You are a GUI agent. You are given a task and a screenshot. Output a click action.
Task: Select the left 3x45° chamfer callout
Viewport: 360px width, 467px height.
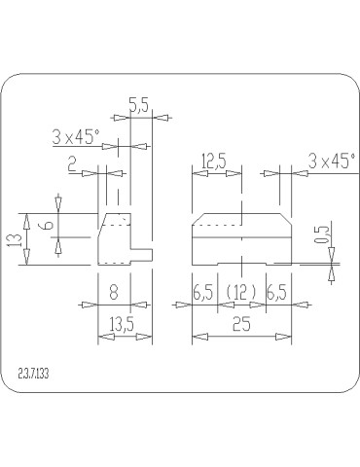coord(76,137)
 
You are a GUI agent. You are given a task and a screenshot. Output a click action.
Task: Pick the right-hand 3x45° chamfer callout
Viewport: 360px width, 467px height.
coord(331,161)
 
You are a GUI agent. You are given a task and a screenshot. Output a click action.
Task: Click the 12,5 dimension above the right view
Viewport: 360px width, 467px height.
coord(214,161)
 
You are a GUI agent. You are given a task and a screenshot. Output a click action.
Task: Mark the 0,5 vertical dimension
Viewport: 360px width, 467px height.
coord(321,235)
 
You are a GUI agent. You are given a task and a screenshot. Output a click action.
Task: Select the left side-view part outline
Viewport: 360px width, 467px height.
coord(115,240)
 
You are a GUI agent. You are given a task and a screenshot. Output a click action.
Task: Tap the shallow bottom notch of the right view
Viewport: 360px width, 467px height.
coord(239,263)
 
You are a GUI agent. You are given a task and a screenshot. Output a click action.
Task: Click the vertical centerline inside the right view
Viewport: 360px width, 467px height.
coord(239,238)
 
